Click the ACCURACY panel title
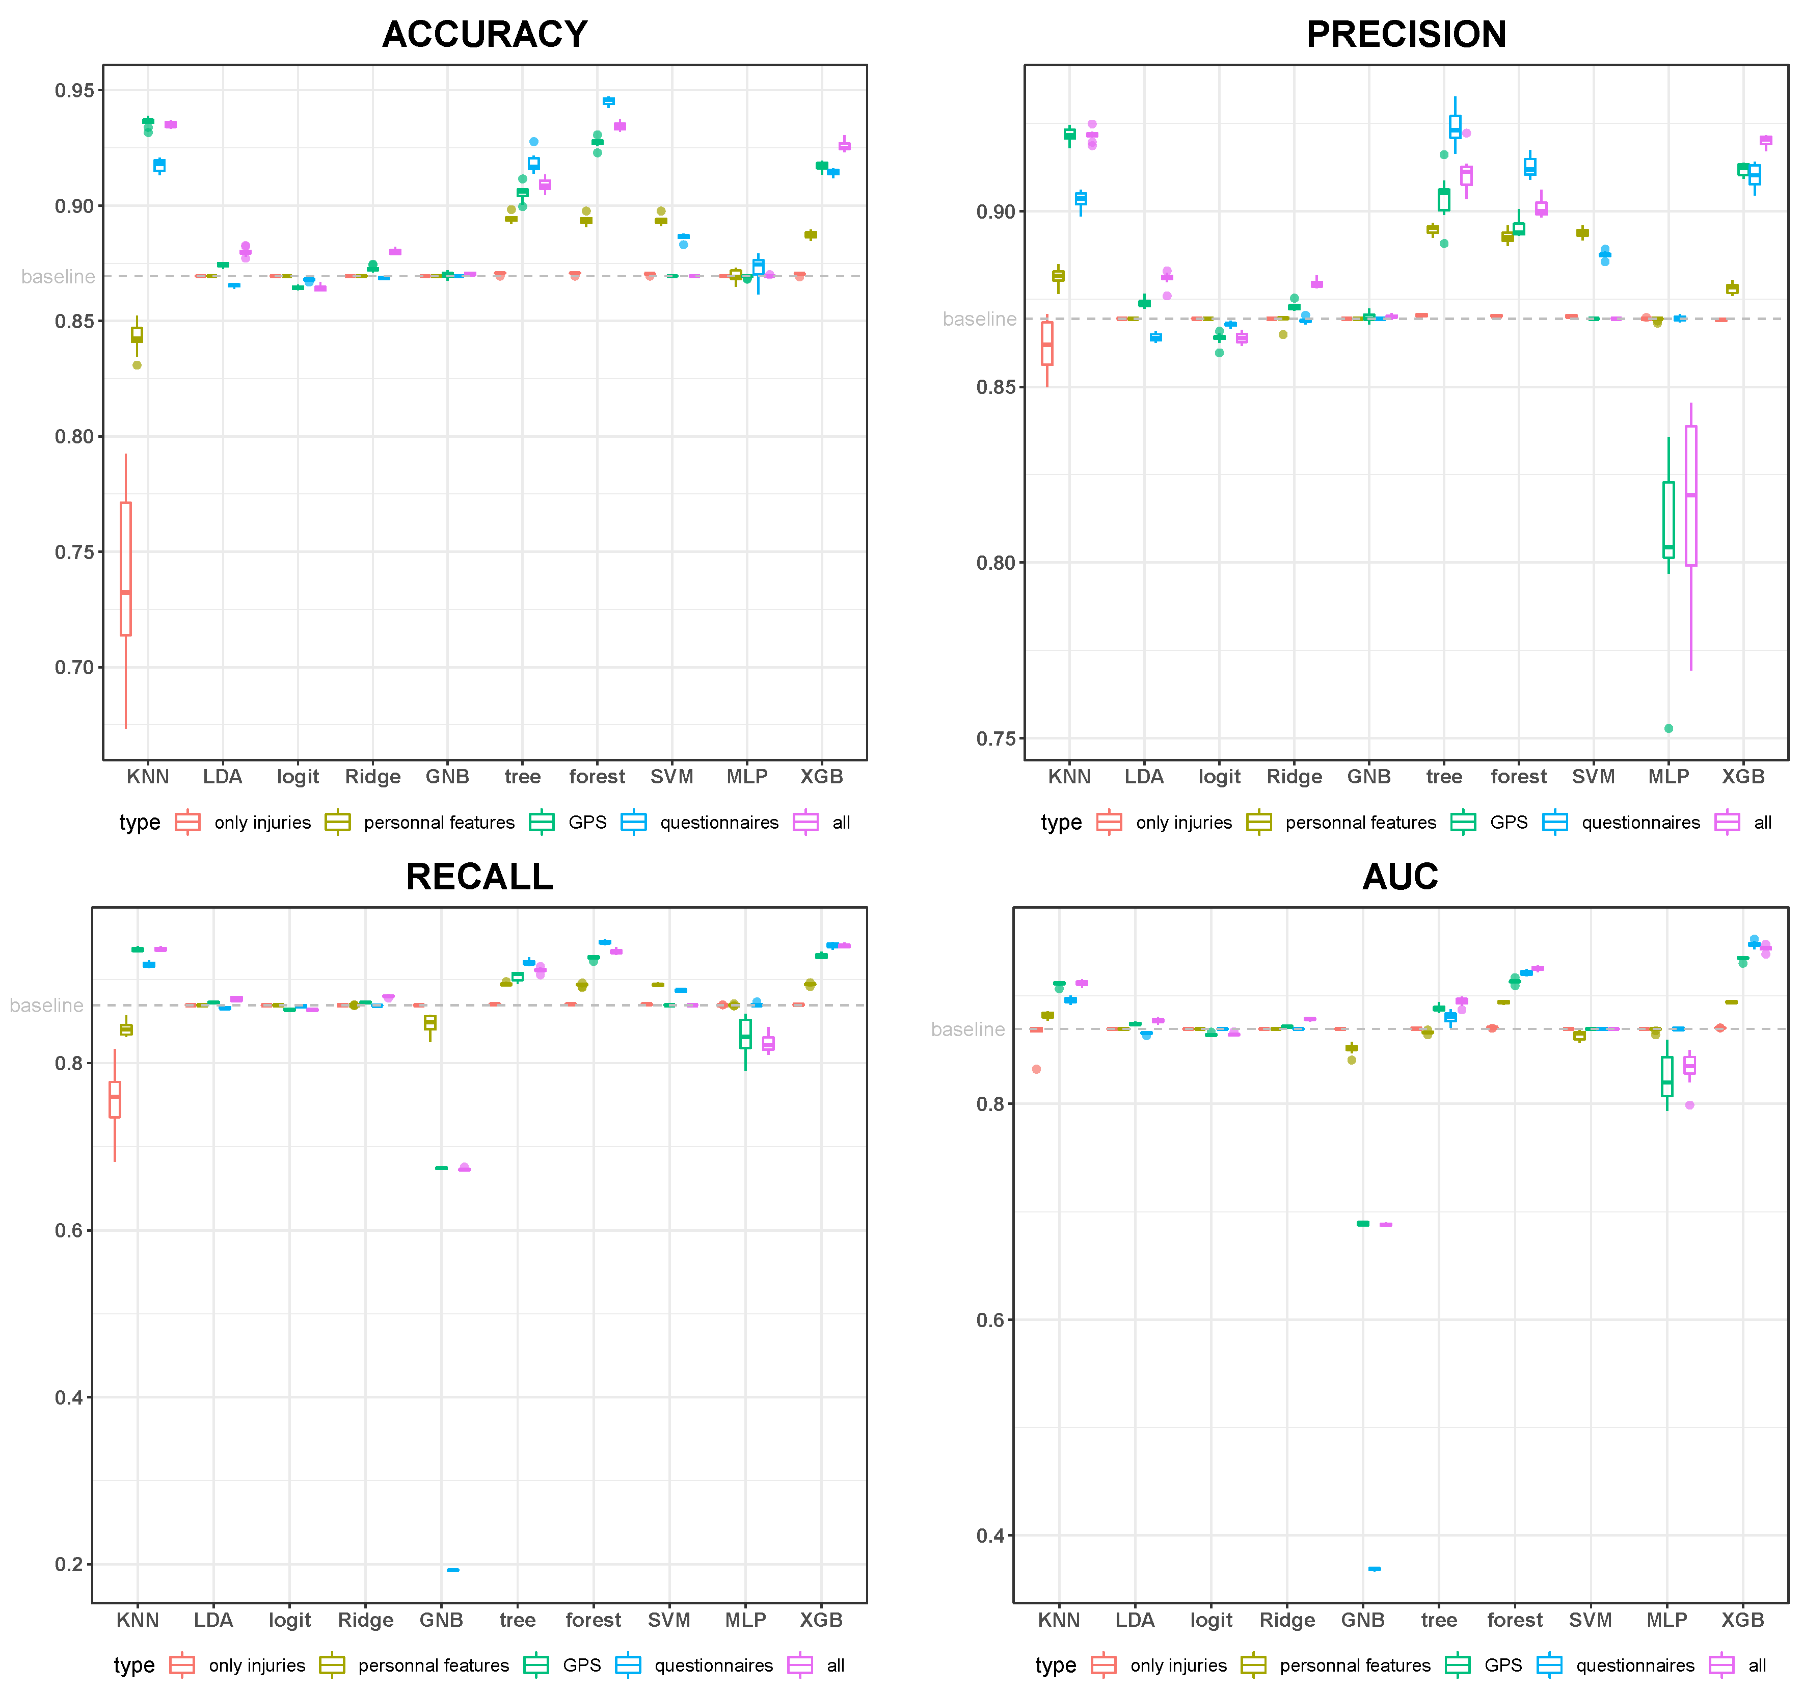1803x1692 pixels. [485, 35]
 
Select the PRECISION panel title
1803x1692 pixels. [1406, 35]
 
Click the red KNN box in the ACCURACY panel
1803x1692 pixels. [125, 569]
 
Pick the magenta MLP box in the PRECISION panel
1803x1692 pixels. [1690, 495]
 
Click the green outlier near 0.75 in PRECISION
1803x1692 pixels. [1669, 728]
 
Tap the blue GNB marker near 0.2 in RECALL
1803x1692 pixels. [452, 1570]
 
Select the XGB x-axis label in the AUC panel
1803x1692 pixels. [1742, 1620]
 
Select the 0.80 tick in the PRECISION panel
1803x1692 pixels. [996, 563]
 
